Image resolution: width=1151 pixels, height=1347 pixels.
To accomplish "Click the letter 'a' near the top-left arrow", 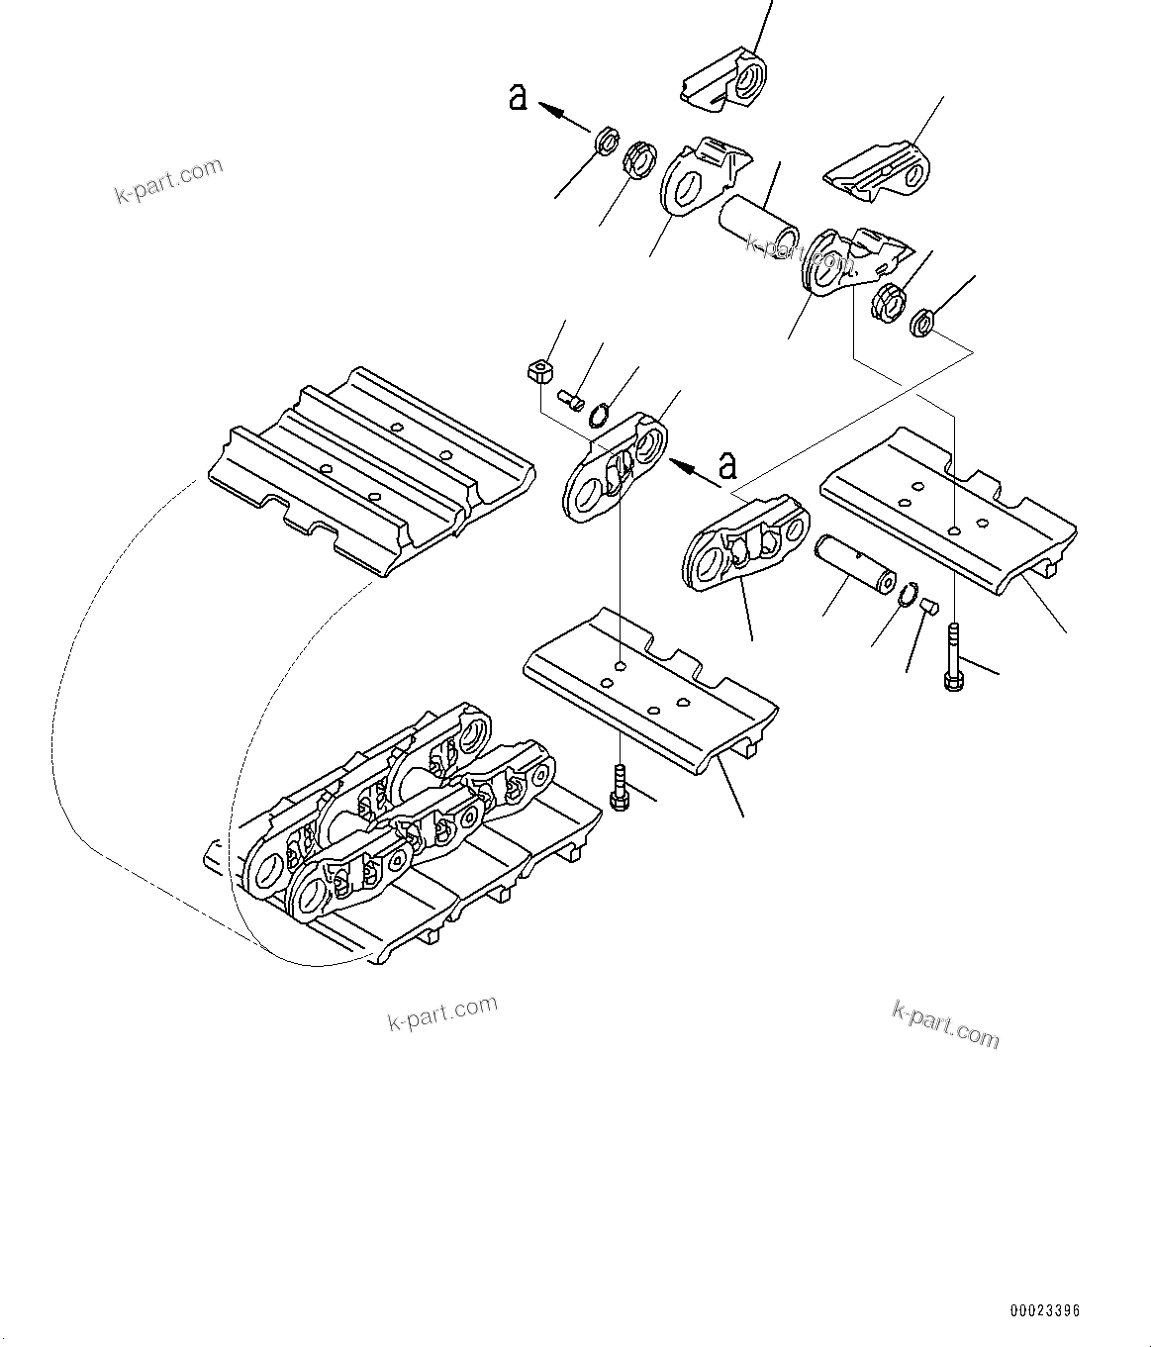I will [518, 97].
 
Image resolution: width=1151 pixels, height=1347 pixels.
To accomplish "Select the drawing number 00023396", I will [1044, 1310].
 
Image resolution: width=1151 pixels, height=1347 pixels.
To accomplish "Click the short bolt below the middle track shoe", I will [619, 788].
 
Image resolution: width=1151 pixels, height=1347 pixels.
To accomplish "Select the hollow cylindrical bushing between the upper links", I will [758, 227].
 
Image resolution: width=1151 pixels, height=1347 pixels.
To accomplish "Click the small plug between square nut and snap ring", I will [571, 399].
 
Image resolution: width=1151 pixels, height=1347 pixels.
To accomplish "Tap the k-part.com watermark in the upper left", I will [169, 181].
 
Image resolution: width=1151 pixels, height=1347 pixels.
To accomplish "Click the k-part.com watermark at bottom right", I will [945, 1023].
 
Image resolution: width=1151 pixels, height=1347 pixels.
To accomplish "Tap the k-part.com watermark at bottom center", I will [442, 1013].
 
